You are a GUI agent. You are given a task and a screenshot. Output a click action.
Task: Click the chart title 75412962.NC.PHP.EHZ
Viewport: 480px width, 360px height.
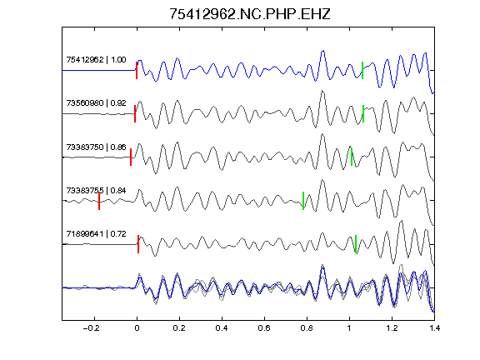[250, 14]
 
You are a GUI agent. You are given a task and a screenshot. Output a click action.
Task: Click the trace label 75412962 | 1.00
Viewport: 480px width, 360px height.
[96, 60]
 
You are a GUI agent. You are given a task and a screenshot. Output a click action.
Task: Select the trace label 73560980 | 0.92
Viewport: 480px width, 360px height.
[96, 102]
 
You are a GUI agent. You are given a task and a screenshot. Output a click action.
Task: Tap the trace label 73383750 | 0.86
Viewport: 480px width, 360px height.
[96, 147]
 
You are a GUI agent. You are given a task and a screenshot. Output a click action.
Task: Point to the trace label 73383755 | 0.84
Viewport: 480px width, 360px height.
[96, 191]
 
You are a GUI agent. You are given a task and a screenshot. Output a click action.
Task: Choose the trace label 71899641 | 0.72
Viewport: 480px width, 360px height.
[96, 234]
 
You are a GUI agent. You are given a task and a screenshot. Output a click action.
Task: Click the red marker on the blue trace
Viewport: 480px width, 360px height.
[137, 70]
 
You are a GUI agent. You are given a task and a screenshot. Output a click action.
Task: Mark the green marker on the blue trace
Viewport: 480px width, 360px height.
[362, 70]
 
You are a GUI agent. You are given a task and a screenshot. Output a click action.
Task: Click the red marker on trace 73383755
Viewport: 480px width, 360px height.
[99, 201]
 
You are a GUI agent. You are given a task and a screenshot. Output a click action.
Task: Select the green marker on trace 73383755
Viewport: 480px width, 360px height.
[303, 201]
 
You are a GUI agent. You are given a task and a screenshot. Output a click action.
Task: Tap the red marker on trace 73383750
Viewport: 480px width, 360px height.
[131, 157]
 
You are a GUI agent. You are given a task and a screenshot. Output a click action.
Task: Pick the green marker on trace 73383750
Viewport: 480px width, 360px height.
[352, 157]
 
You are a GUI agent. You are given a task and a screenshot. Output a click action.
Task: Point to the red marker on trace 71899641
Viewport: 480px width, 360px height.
[138, 244]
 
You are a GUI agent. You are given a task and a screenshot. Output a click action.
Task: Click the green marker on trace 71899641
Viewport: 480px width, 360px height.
[356, 244]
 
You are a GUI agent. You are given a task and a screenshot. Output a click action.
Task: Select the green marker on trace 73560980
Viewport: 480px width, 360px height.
[363, 114]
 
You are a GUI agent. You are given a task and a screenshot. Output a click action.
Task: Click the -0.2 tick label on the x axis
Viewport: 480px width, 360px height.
[92, 328]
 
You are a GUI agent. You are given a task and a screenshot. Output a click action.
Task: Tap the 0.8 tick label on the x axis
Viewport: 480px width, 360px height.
[307, 328]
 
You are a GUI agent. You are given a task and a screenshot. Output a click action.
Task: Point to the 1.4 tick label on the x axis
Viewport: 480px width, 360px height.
[434, 328]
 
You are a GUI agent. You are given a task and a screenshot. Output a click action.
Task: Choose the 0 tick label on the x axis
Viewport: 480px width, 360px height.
[137, 328]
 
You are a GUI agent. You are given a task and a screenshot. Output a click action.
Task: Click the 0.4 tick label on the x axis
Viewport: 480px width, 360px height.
[222, 328]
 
